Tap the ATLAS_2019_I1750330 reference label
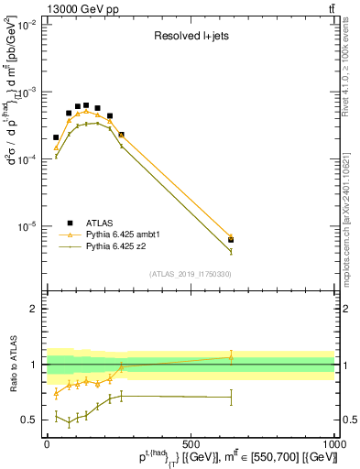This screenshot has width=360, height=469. (190, 274)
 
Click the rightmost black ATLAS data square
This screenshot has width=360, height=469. (231, 240)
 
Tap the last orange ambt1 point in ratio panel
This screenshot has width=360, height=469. (231, 357)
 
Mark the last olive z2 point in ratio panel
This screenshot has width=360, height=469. (231, 397)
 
